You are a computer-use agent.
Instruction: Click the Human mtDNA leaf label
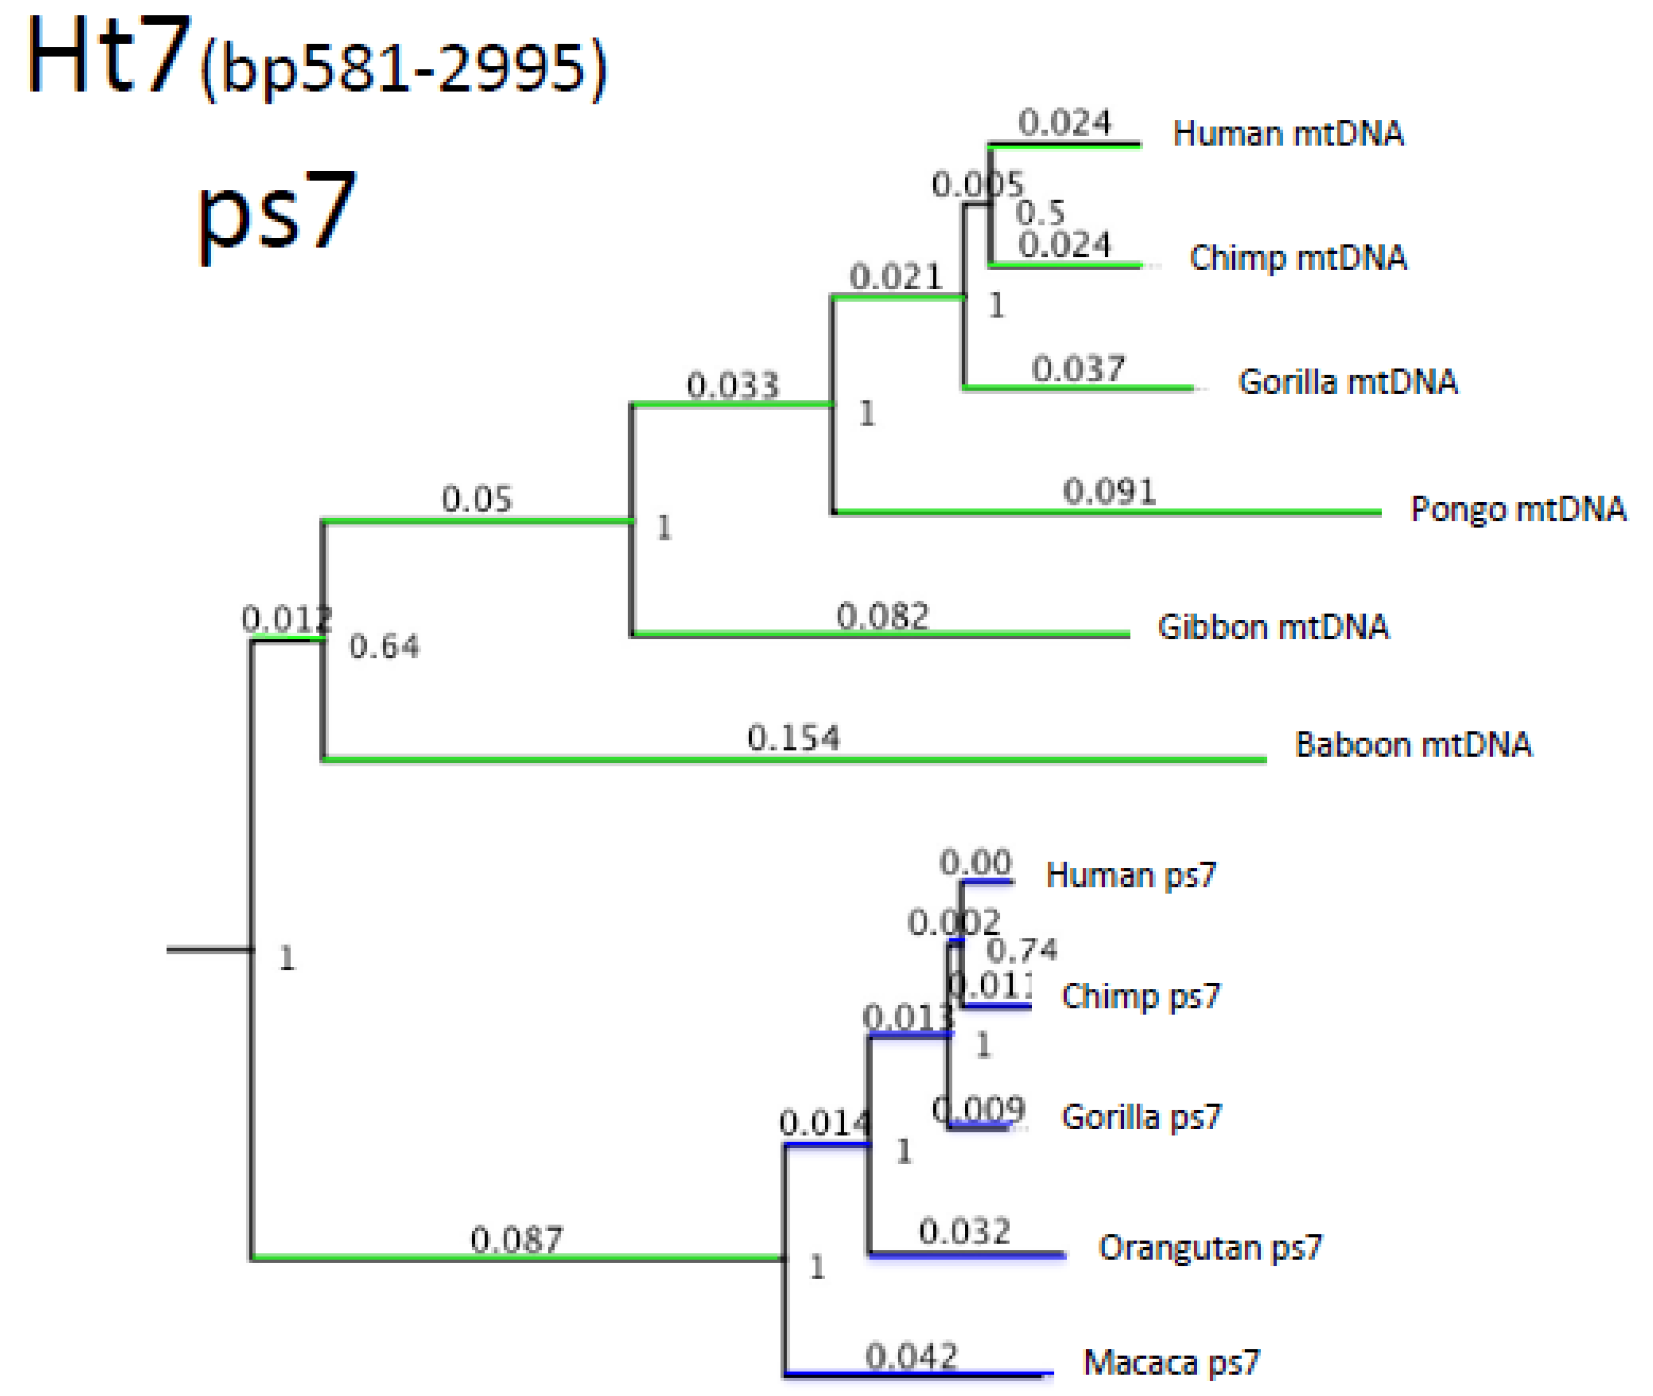1288,134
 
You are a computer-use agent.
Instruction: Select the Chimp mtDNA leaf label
1298,258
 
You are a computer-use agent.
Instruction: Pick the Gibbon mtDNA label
1272,627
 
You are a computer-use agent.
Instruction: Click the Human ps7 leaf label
1130,875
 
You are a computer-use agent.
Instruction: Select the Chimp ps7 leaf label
1140,996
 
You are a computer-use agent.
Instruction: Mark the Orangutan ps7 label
1209,1247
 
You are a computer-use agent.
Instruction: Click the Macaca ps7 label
1171,1363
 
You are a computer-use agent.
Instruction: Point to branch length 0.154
793,739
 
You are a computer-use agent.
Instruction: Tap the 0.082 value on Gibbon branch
882,616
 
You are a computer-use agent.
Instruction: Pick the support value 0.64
384,647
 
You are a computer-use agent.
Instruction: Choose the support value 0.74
1021,950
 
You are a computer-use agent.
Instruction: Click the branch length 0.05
476,500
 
